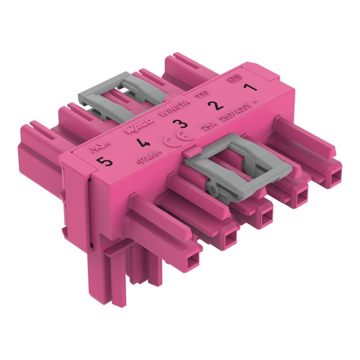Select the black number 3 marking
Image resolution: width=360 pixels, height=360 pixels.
(180, 125)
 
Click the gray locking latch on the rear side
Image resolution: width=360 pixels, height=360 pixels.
(119, 94)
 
